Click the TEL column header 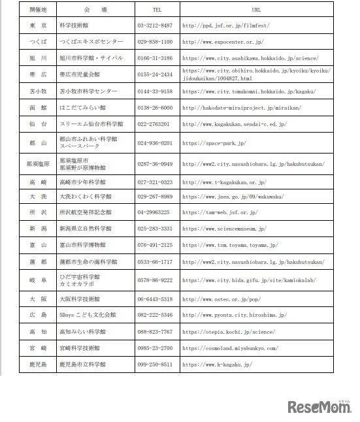tap(157, 10)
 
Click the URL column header tap(256, 10)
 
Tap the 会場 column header tap(95, 10)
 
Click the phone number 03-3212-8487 tap(155, 25)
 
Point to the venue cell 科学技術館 tap(73, 25)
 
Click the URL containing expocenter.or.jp tap(223, 41)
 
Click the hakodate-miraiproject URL tap(236, 107)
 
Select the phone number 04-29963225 tap(154, 212)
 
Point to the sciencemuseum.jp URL tap(224, 229)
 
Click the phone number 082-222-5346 tap(155, 315)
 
